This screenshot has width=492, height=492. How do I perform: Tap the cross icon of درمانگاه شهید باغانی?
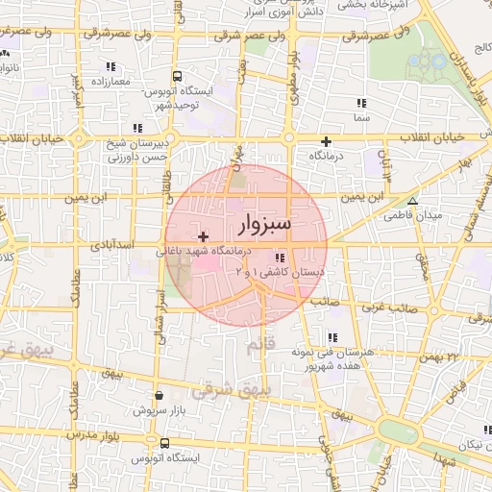(x=203, y=236)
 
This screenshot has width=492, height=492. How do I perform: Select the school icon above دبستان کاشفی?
(x=280, y=258)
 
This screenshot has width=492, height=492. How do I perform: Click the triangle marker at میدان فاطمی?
(x=412, y=202)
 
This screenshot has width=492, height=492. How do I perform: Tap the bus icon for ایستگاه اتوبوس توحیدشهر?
(x=177, y=77)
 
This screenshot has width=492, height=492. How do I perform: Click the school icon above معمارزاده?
(x=111, y=67)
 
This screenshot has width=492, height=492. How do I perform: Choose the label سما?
(x=361, y=116)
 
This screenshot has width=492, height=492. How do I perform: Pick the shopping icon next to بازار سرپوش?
(x=158, y=394)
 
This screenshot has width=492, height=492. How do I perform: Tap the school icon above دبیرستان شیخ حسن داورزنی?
(x=138, y=128)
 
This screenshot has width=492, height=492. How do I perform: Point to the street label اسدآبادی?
(x=113, y=246)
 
